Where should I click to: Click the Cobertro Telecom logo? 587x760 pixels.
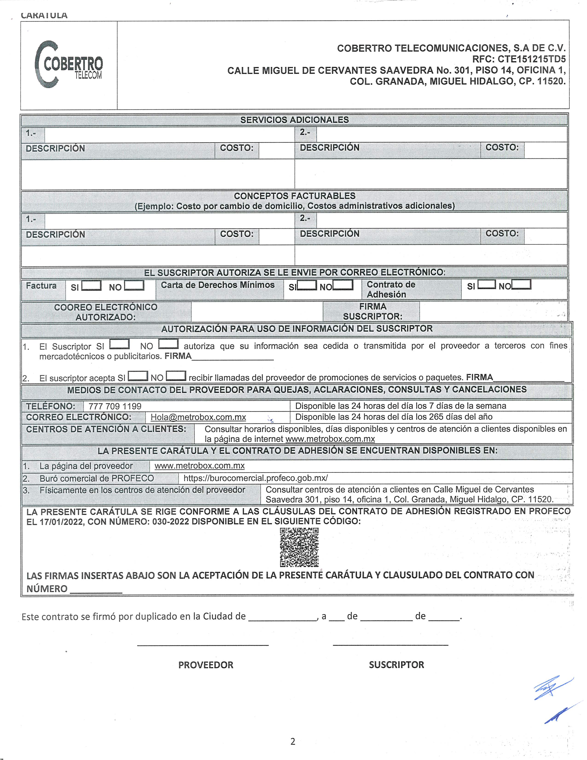pyautogui.click(x=69, y=64)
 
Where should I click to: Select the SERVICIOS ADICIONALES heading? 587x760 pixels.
pyautogui.click(x=294, y=120)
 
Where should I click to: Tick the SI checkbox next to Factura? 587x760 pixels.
pyautogui.click(x=91, y=286)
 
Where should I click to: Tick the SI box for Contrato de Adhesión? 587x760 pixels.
pyautogui.click(x=486, y=285)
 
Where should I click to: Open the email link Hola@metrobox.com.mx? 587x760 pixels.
pyautogui.click(x=198, y=417)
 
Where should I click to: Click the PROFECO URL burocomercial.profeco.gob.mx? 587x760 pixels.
pyautogui.click(x=256, y=478)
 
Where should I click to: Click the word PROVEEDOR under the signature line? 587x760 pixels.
pyautogui.click(x=206, y=665)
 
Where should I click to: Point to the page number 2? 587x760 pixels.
pyautogui.click(x=293, y=742)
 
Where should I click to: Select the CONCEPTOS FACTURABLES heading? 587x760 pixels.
pyautogui.click(x=294, y=196)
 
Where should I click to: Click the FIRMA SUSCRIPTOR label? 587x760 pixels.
pyautogui.click(x=372, y=311)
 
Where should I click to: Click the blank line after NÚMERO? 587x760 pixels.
pyautogui.click(x=96, y=589)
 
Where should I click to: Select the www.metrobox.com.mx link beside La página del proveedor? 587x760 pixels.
pyautogui.click(x=200, y=466)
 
